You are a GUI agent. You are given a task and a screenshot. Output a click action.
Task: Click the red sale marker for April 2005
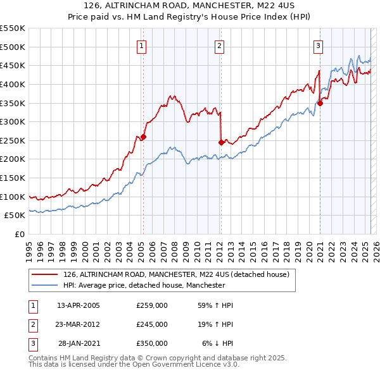click(x=143, y=137)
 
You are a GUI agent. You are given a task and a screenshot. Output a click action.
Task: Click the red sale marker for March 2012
click(x=220, y=142)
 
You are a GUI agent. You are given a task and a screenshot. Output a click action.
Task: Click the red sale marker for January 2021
click(x=320, y=103)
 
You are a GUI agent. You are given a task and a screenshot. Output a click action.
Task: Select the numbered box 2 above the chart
click(x=218, y=46)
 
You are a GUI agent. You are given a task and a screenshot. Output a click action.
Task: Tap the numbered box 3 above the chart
click(x=317, y=46)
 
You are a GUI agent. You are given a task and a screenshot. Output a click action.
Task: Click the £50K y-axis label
click(x=15, y=216)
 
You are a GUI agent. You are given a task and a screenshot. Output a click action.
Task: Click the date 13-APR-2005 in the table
click(x=79, y=305)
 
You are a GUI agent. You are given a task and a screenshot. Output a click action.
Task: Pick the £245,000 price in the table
click(x=152, y=324)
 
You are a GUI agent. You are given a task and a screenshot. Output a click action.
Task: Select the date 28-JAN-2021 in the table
click(x=79, y=343)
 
